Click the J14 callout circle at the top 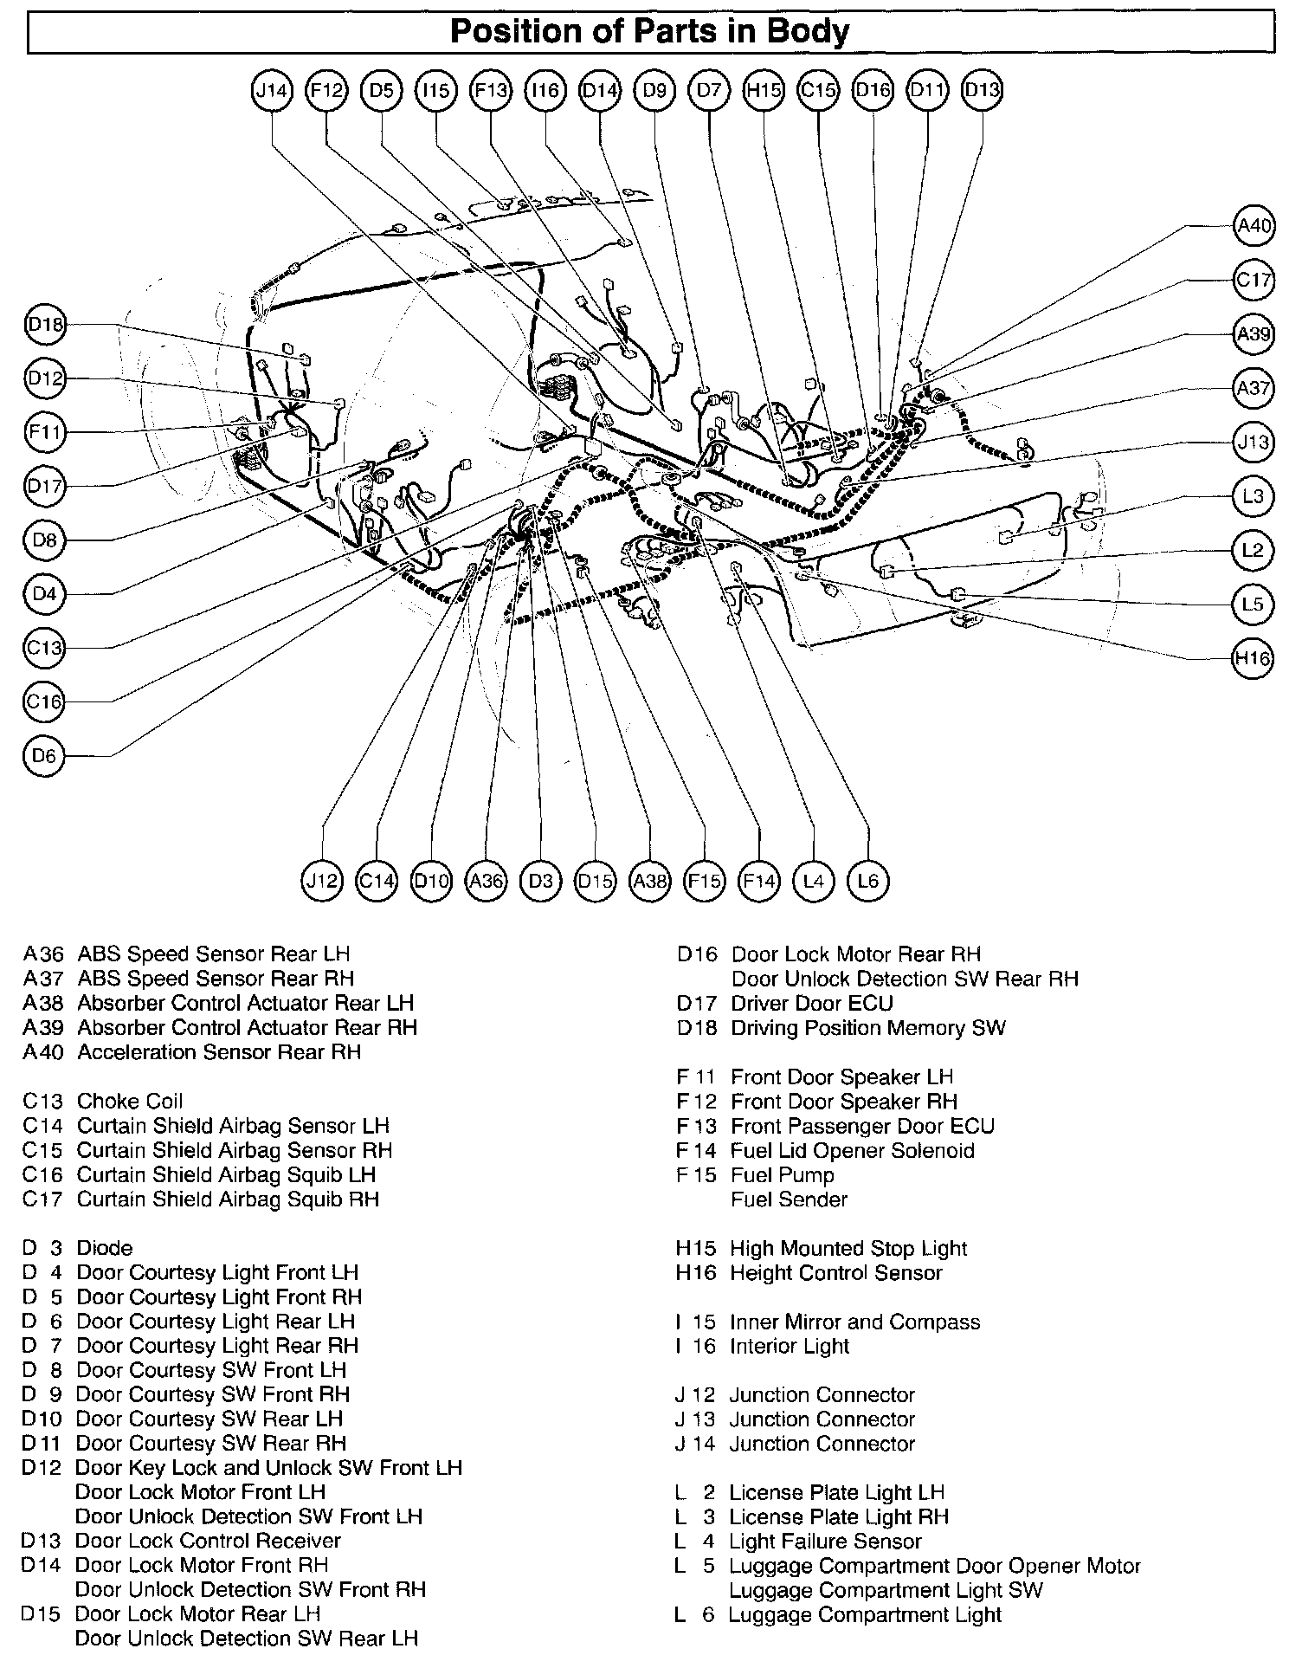click(273, 90)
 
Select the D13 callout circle click(982, 90)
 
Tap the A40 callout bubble click(1253, 227)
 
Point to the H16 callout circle click(1253, 658)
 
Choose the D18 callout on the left click(45, 325)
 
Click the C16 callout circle click(45, 701)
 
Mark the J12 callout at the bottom click(322, 881)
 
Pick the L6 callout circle click(867, 881)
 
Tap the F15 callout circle click(704, 881)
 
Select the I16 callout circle click(545, 90)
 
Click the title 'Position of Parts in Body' click(650, 32)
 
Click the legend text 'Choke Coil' click(130, 1101)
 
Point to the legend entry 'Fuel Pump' click(783, 1175)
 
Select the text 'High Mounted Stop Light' click(848, 1248)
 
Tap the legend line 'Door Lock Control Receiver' click(208, 1541)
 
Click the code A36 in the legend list click(43, 954)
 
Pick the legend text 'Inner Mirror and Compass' click(854, 1322)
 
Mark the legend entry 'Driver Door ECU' click(812, 1003)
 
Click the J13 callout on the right click(1253, 443)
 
